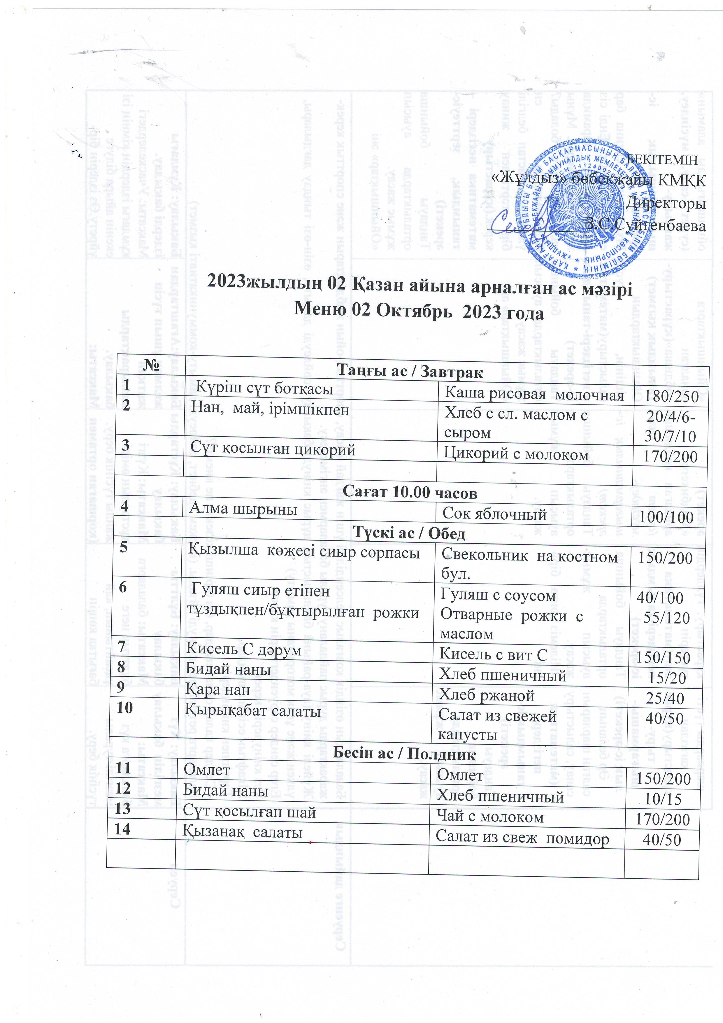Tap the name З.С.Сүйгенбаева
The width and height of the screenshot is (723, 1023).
[646, 225]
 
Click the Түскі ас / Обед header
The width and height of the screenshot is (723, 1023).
[409, 533]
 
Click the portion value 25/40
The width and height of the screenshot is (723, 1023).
[665, 698]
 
